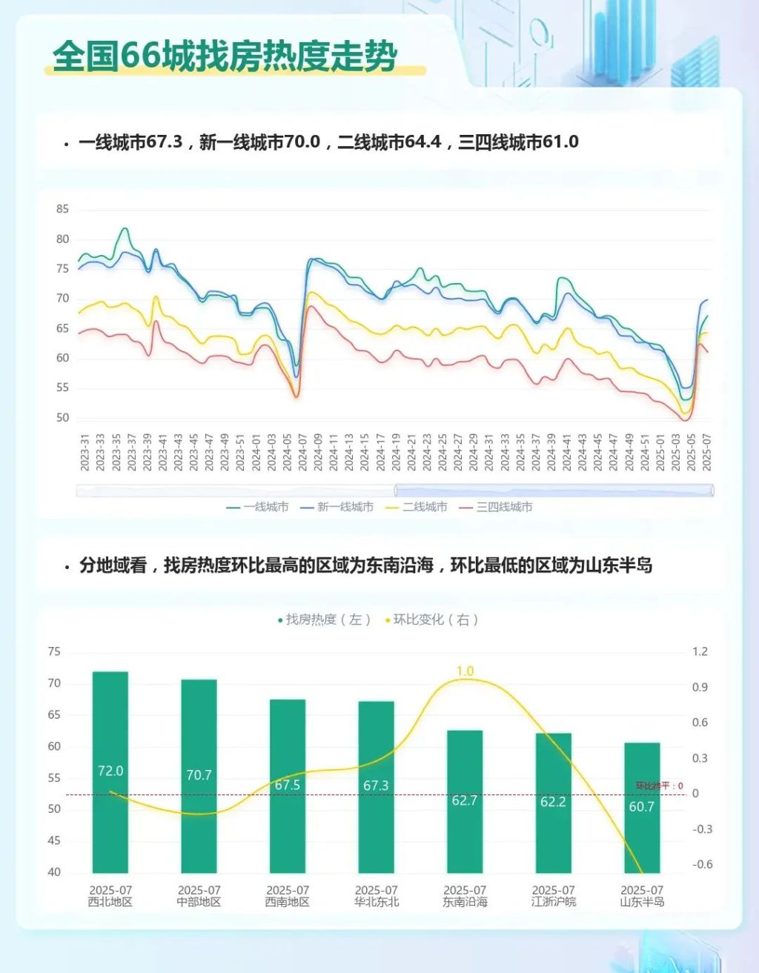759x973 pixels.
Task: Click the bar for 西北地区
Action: pos(110,771)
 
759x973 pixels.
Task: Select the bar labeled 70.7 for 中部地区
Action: pos(199,775)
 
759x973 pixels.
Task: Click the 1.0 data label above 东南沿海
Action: pos(465,671)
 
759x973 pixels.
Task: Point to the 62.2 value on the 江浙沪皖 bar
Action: pos(553,802)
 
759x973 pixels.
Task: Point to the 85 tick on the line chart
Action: pos(62,210)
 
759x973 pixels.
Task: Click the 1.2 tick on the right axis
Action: pos(700,652)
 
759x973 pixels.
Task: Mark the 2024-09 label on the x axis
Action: pos(318,452)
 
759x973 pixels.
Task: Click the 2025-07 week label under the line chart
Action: pos(707,452)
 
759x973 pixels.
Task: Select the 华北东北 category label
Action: pos(377,902)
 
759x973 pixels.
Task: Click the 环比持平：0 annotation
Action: pos(660,786)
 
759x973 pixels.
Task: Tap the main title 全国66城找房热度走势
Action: pos(225,56)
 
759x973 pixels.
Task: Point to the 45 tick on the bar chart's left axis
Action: pos(54,840)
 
